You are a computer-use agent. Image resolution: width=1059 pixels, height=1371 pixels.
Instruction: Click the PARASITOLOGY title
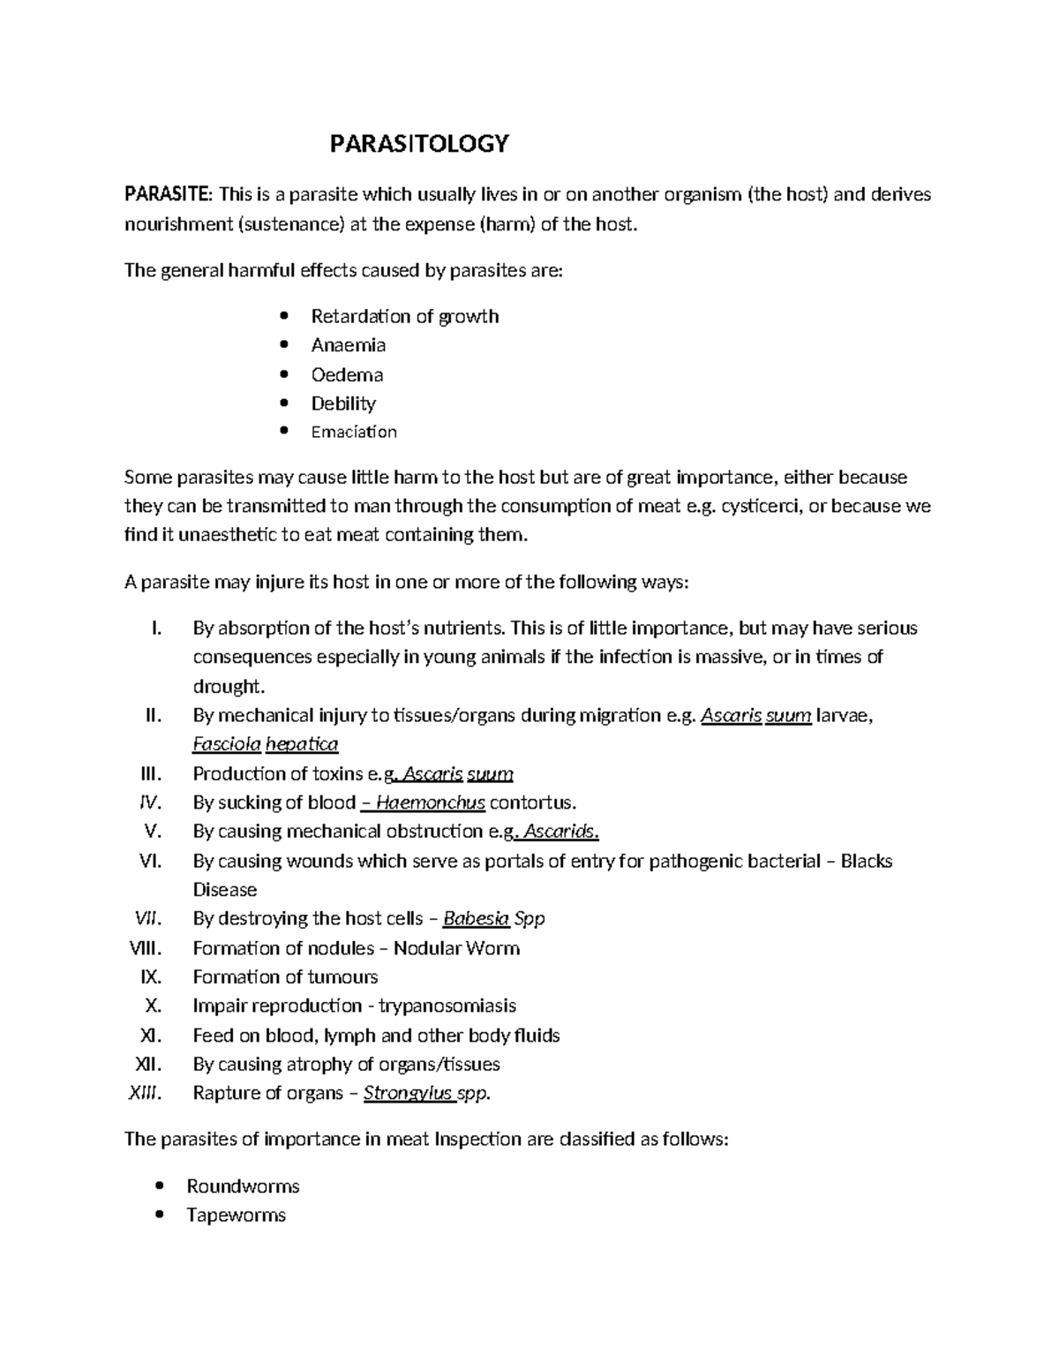419,144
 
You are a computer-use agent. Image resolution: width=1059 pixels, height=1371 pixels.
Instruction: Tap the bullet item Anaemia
348,345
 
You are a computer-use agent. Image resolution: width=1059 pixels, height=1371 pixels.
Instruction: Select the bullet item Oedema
347,374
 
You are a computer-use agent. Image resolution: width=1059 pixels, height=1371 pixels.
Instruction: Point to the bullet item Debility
343,403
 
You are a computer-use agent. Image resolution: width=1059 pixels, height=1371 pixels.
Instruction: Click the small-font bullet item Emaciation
354,432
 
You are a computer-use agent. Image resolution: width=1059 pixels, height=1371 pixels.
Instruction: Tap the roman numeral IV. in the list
151,802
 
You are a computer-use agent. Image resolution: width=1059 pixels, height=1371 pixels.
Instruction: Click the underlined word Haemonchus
431,802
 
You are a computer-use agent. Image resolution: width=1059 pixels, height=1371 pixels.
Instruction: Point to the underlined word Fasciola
227,744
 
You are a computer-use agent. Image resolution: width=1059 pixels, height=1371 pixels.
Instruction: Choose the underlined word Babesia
476,918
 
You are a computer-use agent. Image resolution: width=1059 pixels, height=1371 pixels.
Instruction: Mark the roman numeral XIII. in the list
146,1093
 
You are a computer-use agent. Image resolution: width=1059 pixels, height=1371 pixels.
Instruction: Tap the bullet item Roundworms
243,1186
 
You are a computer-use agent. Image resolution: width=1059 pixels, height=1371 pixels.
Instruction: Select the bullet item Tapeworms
236,1215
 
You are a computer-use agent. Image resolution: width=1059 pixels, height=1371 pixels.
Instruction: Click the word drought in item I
227,686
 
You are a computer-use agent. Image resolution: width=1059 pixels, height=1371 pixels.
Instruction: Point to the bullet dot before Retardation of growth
283,316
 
